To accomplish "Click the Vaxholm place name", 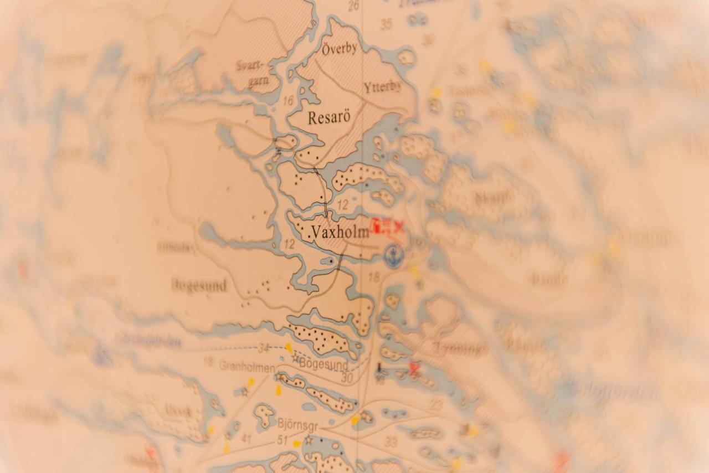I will point(340,233).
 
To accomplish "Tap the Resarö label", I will point(329,118).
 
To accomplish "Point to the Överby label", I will point(339,48).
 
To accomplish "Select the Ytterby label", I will point(383,87).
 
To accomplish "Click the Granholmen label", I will point(246,367).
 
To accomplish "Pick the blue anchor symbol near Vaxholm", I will point(394,256).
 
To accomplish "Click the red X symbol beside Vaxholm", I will point(398,226).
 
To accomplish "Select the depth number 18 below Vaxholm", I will point(374,277).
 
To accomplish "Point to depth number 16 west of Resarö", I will point(287,101).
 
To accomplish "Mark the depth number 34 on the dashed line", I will point(264,348).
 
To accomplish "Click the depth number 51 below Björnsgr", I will point(282,440).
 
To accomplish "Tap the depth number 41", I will point(246,439).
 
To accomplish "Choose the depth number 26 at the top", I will point(353,6).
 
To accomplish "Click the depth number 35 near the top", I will point(386,24).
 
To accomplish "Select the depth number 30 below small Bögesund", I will point(347,378).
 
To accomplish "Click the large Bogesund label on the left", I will point(199,286).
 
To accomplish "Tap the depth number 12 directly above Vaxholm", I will point(343,205).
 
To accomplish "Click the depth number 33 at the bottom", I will point(391,442).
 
